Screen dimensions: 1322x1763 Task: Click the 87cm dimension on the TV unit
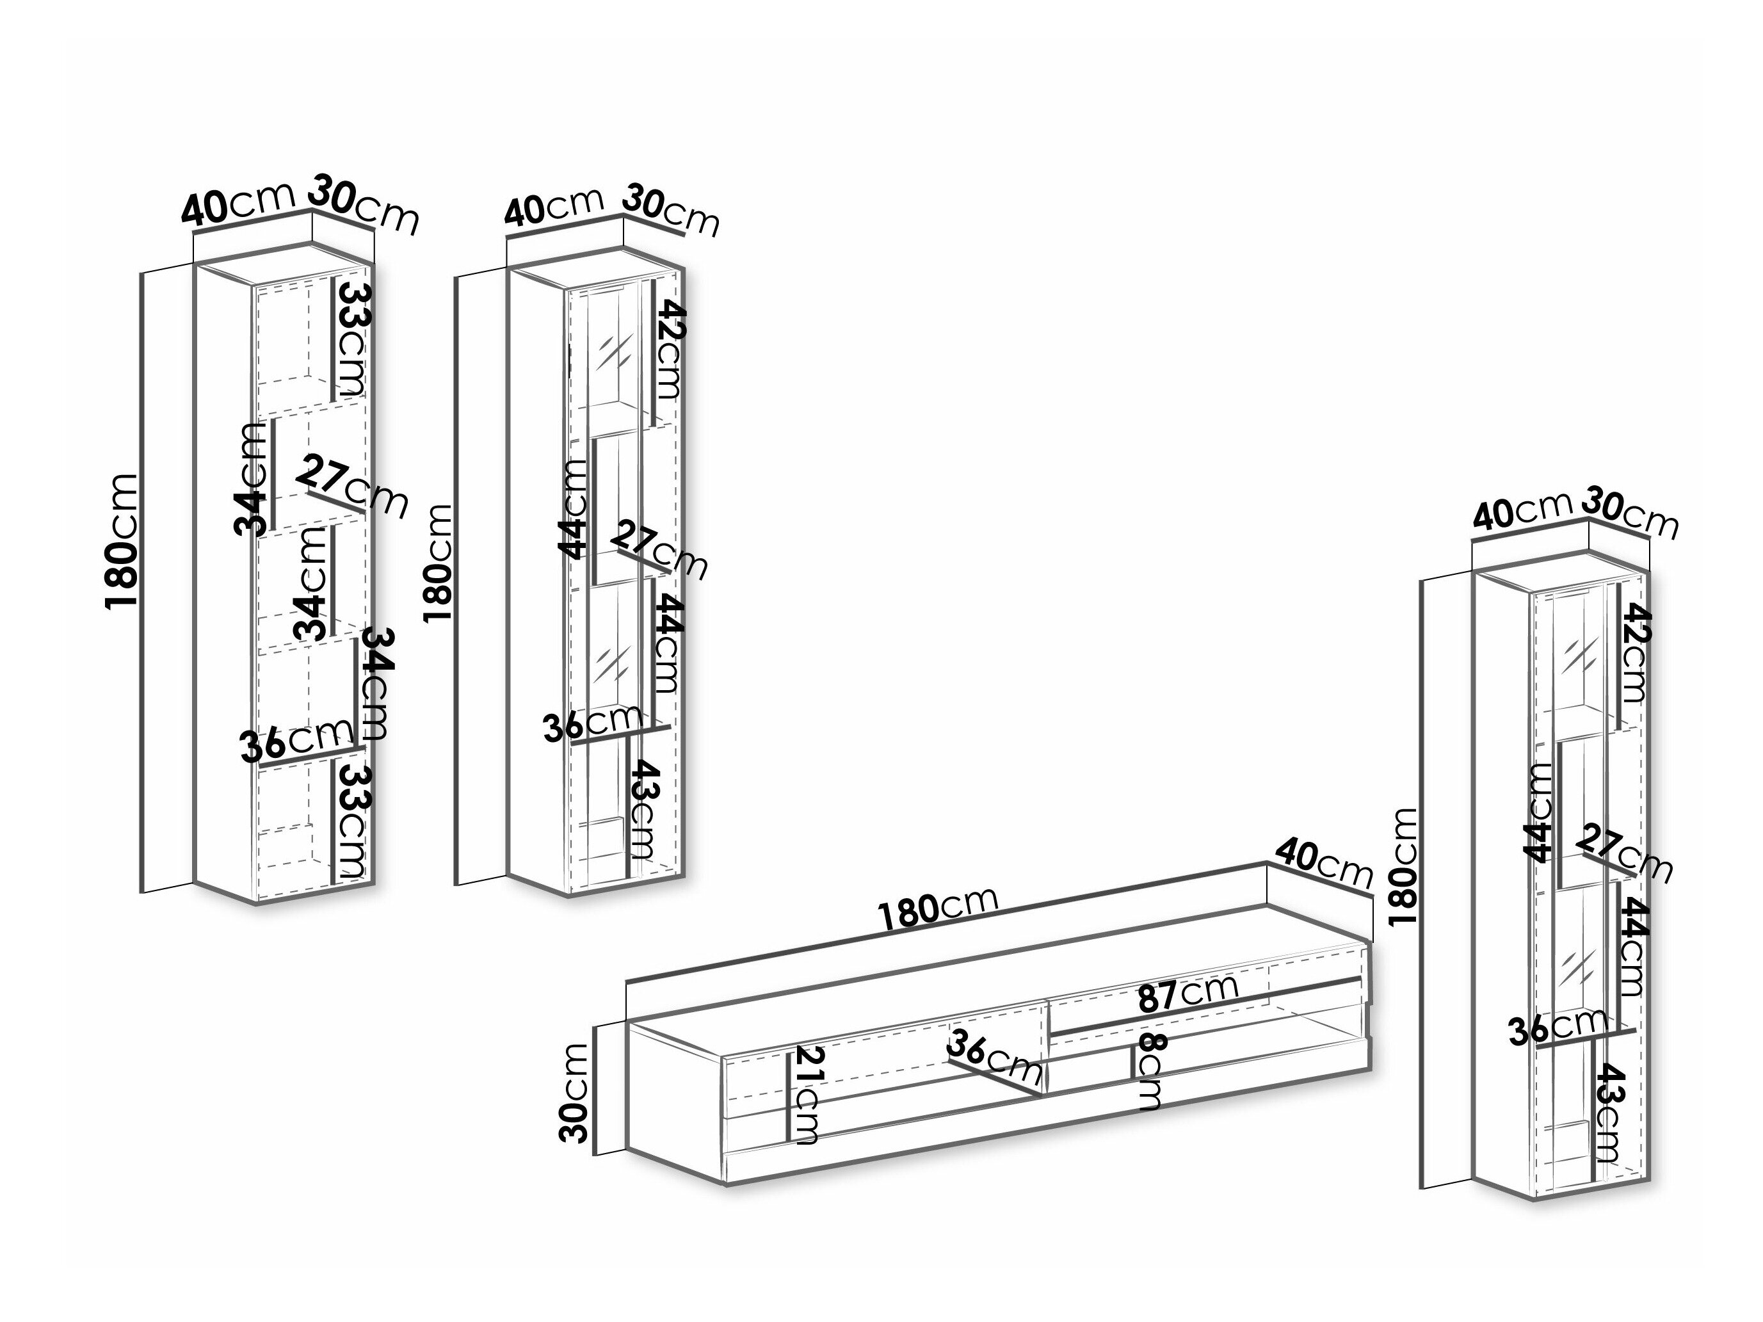(1187, 993)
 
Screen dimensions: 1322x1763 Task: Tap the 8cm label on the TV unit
(1152, 1071)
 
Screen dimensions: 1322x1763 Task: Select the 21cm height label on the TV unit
(807, 1095)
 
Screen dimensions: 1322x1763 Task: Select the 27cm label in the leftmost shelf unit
(354, 485)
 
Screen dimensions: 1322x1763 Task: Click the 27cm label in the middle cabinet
(658, 548)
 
